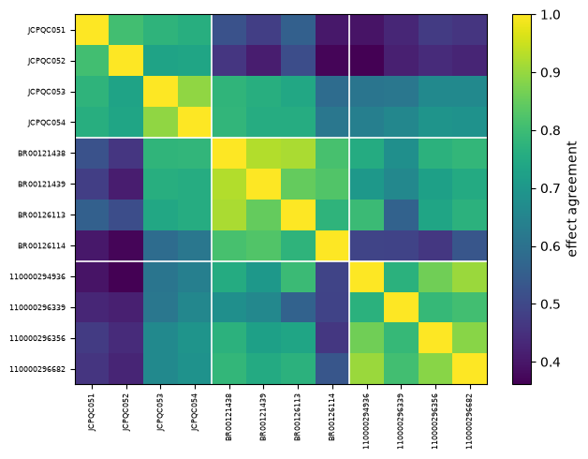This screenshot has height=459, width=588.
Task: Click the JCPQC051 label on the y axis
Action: click(x=46, y=30)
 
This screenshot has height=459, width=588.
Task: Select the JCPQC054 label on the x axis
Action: click(x=195, y=412)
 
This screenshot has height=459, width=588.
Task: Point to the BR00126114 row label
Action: click(x=41, y=245)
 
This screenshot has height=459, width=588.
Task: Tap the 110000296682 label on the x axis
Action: click(x=470, y=422)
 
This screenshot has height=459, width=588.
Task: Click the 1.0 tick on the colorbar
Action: click(x=551, y=15)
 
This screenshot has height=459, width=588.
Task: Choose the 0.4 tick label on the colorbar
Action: click(x=551, y=363)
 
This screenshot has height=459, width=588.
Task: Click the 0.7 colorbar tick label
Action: click(x=551, y=188)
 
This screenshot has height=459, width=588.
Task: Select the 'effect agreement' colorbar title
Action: click(x=571, y=199)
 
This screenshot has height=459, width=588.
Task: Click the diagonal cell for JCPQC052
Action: click(x=126, y=61)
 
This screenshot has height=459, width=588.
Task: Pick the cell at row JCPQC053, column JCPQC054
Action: click(x=195, y=92)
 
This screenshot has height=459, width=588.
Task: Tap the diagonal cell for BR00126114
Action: click(x=332, y=245)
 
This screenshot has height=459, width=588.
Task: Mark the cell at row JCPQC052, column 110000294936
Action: click(x=367, y=61)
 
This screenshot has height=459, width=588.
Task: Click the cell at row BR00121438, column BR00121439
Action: click(x=264, y=153)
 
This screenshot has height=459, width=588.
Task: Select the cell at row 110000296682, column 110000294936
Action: click(x=367, y=369)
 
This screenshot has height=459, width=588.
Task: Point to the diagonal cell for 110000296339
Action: click(x=402, y=307)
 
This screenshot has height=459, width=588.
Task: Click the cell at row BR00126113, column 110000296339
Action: click(x=402, y=215)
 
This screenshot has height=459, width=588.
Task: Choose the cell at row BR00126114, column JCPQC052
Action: click(x=126, y=245)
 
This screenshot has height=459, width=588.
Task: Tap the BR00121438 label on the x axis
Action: click(x=229, y=417)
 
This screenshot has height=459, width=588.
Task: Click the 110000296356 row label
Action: click(x=37, y=338)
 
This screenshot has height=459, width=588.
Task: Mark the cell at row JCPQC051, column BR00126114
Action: click(x=332, y=30)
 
